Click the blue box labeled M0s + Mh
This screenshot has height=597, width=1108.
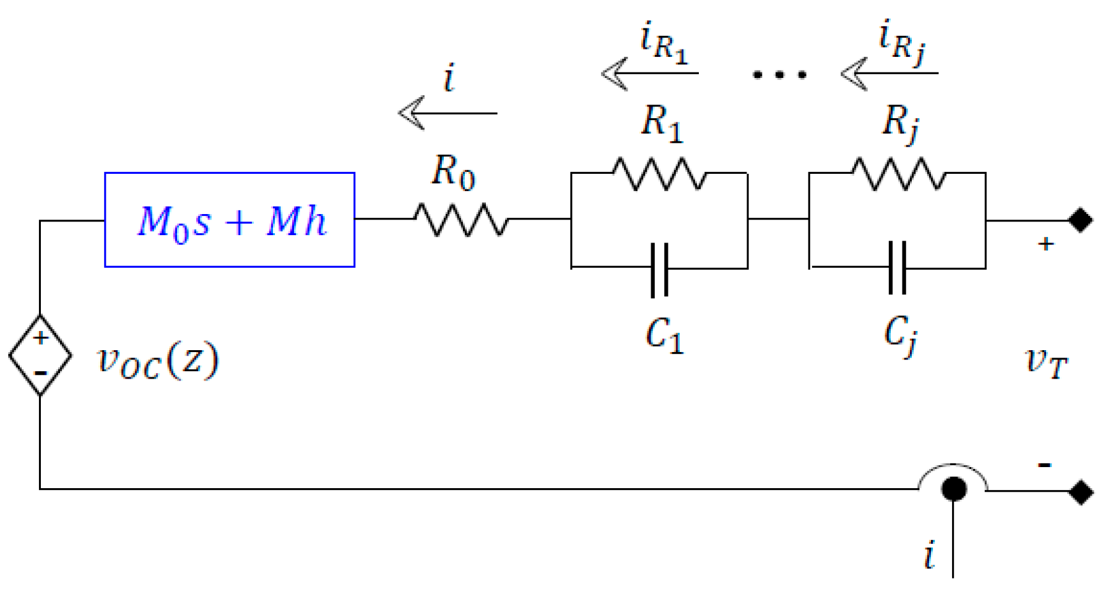230,220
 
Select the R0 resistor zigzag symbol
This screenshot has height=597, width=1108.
461,219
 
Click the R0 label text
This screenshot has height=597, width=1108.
452,171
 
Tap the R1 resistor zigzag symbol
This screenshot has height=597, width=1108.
659,173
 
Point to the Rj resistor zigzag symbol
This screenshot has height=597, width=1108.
899,173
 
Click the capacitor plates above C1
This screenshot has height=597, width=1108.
660,269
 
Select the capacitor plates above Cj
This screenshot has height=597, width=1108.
897,268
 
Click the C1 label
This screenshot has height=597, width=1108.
664,336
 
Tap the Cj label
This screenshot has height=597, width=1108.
900,335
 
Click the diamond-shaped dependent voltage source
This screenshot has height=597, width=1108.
40,355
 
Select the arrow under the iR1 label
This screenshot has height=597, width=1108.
650,74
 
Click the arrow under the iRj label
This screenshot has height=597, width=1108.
889,74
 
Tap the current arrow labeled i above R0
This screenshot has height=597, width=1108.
448,113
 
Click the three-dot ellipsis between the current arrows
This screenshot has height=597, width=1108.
779,75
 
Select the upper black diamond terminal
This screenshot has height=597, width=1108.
1081,220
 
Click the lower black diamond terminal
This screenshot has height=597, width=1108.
1081,492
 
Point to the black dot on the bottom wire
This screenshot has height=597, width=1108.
953,489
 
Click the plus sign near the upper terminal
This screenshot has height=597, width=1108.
1045,244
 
